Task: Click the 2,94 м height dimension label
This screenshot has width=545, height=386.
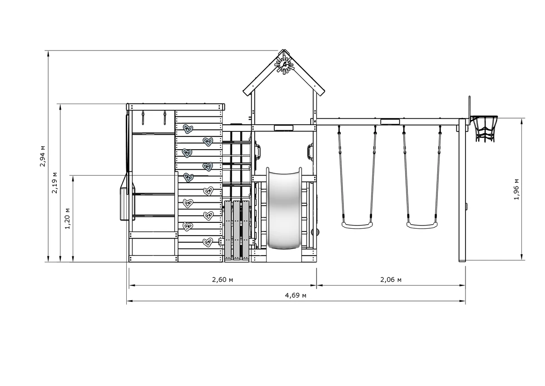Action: click(43, 156)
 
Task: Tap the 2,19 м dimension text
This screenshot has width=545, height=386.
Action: click(55, 183)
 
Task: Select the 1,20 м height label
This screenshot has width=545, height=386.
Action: click(67, 218)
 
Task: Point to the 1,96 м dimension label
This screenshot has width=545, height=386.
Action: click(516, 190)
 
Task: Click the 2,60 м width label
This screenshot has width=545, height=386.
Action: click(223, 280)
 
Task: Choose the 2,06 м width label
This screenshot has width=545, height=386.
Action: click(391, 280)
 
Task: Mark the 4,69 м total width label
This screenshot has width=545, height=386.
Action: click(296, 296)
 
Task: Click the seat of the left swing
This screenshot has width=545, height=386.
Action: click(357, 225)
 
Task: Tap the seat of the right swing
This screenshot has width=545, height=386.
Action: click(422, 225)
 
